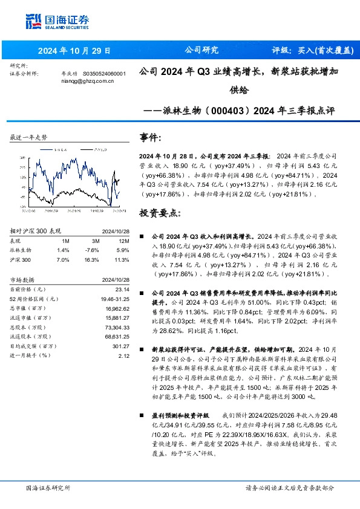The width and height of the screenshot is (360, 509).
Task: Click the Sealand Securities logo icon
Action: point(34,21)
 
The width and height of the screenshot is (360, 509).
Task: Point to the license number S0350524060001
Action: point(104,73)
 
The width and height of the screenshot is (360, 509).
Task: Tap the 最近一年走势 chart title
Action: point(28,137)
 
